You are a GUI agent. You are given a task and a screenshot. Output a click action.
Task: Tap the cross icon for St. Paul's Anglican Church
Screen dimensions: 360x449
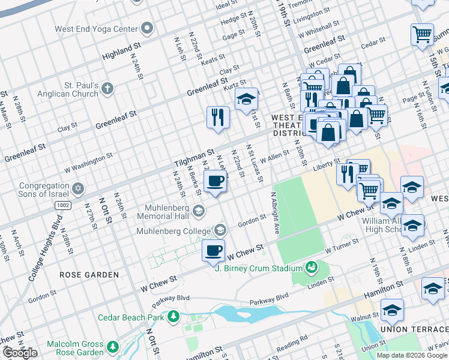coord(107,89)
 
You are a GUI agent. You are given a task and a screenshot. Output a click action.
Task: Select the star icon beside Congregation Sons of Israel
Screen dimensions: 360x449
coord(76,190)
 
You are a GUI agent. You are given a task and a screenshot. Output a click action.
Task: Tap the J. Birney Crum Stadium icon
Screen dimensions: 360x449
coord(311,267)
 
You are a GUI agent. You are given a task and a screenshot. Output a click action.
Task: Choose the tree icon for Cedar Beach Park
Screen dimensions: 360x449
coord(173,316)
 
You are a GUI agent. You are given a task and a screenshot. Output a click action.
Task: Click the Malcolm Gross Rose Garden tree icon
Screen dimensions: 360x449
coord(112,347)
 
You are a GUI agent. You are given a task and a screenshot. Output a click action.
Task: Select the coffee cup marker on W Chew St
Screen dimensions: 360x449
coord(213,250)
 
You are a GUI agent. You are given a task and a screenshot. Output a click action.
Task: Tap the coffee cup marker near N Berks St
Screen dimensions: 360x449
coord(215,181)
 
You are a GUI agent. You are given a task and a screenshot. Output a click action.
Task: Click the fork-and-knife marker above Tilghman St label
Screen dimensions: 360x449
coord(217,116)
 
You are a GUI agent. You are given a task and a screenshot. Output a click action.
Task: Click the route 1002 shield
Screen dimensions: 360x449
coord(62,206)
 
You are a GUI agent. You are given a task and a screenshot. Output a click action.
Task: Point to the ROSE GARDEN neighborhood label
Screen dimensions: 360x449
coord(89,275)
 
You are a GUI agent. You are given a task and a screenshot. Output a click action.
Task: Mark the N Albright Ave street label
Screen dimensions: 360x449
coord(275,212)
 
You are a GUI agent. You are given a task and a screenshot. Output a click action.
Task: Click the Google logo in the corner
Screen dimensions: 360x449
coord(20,353)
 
